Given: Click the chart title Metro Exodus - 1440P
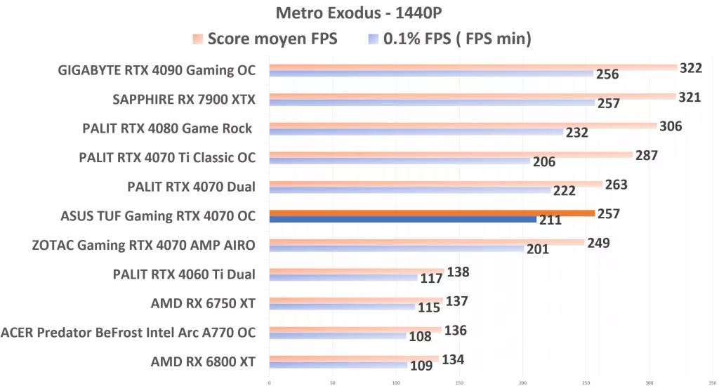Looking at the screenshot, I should pyautogui.click(x=359, y=13).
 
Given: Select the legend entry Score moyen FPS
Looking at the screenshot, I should pyautogui.click(x=265, y=39).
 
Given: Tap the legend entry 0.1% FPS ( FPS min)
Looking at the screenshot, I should pyautogui.click(x=449, y=39).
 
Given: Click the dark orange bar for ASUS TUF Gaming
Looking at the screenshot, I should pyautogui.click(x=432, y=213).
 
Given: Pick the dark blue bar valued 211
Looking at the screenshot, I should pyautogui.click(x=403, y=220).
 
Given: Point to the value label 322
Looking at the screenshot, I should pyautogui.click(x=691, y=68).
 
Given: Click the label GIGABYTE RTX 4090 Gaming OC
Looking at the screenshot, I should pyautogui.click(x=157, y=70).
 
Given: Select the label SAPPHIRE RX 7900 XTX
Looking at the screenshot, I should pyautogui.click(x=184, y=100).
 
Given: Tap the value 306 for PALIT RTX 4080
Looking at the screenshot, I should pyautogui.click(x=671, y=126).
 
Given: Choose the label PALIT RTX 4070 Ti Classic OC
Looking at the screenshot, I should pyautogui.click(x=167, y=158).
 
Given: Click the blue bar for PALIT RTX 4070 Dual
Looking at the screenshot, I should pyautogui.click(x=409, y=190).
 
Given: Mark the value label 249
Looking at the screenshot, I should pyautogui.click(x=598, y=243).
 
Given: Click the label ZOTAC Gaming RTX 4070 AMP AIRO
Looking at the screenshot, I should pyautogui.click(x=143, y=245).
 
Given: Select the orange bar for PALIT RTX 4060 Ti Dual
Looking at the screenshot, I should pyautogui.click(x=357, y=271).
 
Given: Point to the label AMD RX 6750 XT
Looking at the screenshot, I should pyautogui.click(x=203, y=304).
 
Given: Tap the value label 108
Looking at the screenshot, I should pyautogui.click(x=420, y=336).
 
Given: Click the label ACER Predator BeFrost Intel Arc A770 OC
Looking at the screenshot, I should pyautogui.click(x=128, y=332).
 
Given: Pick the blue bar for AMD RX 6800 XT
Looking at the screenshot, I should pyautogui.click(x=338, y=366).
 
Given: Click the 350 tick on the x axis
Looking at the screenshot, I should pyautogui.click(x=712, y=382).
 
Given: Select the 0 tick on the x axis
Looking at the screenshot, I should pyautogui.click(x=270, y=382).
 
